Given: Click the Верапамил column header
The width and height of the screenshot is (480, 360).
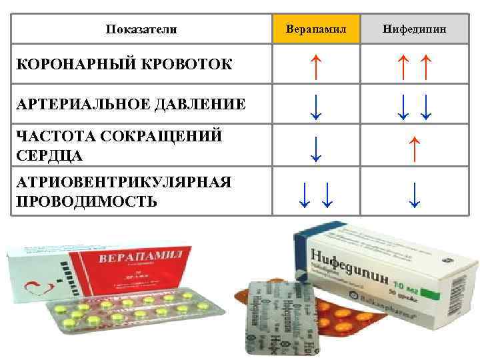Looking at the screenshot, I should [x=316, y=29].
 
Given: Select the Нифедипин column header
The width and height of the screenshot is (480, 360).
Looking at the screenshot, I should [x=415, y=29].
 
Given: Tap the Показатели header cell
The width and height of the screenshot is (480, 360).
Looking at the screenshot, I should [x=141, y=29].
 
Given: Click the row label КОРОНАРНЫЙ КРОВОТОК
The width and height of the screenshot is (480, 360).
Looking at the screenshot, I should [x=124, y=64].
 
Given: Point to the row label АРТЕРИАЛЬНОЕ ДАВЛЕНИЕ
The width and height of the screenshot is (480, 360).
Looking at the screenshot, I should [x=130, y=104].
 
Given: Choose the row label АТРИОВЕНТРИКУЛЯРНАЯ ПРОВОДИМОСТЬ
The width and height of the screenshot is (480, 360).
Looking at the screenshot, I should [x=123, y=191].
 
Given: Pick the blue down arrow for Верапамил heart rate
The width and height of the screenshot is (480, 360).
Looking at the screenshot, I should [x=316, y=148].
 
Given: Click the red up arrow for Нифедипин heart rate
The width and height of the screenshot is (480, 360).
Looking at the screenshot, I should [x=415, y=148].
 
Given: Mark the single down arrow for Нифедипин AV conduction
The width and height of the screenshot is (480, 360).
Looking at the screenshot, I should [x=415, y=193].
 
